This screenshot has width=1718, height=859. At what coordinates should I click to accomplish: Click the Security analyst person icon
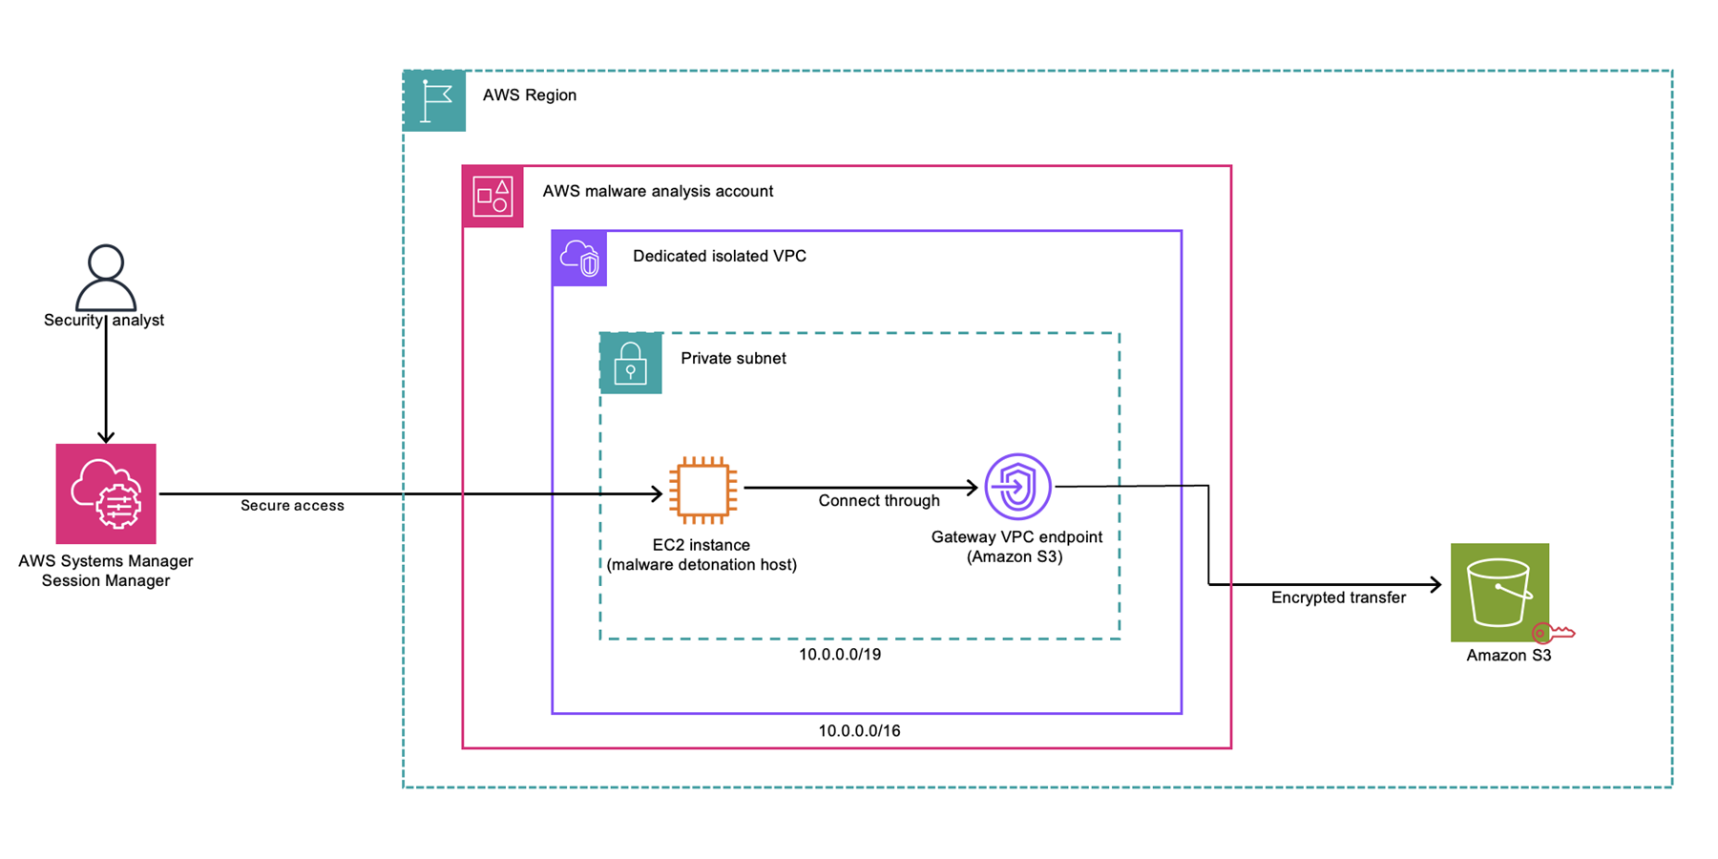[106, 276]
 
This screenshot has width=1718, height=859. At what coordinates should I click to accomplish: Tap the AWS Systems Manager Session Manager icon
[106, 493]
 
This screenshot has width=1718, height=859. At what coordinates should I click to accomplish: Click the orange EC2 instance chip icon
[702, 491]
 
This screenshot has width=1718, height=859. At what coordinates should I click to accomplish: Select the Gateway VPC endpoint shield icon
[1017, 487]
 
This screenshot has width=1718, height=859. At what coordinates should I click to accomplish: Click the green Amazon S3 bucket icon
[1499, 592]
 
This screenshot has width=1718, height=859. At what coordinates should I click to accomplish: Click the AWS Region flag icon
[434, 100]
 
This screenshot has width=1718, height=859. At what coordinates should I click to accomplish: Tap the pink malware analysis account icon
[492, 197]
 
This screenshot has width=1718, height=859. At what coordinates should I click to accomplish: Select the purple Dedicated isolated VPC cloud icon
[579, 259]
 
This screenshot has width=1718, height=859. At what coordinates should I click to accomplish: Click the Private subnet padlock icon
[630, 364]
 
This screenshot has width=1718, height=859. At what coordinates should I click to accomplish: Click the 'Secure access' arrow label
[292, 506]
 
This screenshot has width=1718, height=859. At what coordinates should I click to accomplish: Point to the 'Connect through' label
[878, 501]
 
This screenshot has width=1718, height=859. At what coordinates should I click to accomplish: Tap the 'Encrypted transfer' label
[1338, 598]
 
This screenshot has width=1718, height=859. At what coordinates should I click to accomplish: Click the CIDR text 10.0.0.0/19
[840, 655]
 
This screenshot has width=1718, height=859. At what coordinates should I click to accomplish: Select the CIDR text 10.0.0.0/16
[859, 731]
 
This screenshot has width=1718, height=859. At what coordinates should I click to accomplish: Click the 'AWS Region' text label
[529, 95]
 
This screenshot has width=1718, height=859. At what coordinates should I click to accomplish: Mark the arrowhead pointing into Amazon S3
[1435, 584]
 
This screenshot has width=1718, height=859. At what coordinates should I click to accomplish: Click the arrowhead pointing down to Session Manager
[106, 436]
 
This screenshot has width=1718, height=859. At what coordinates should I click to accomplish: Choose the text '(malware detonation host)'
[702, 565]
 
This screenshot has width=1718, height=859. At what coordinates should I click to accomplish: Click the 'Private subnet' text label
[733, 359]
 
